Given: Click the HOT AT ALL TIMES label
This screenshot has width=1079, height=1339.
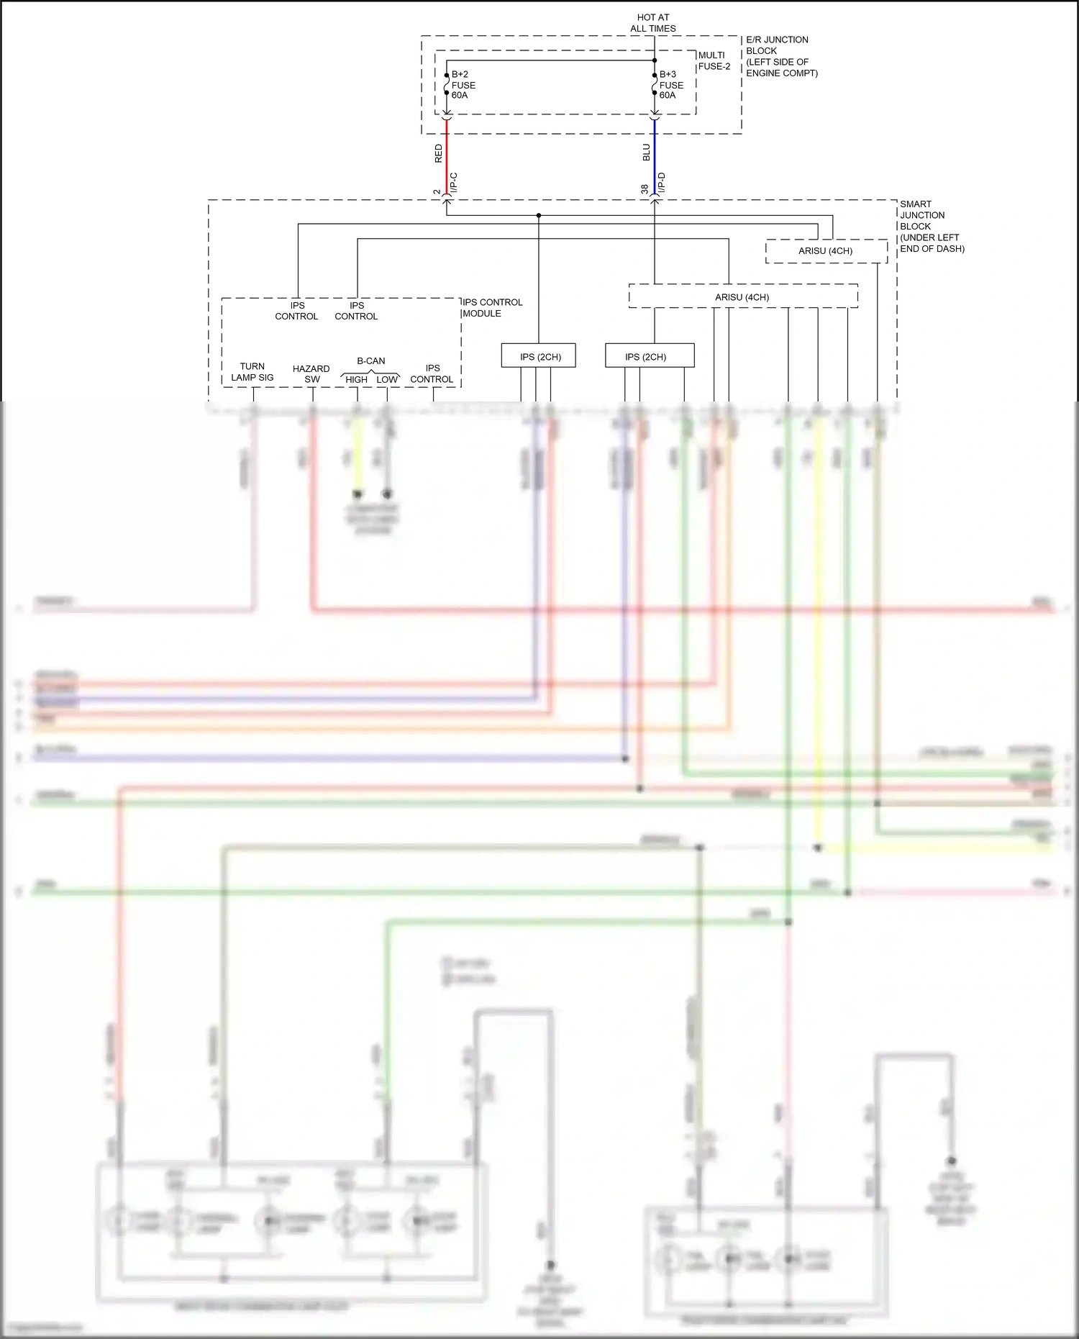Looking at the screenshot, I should click(653, 23).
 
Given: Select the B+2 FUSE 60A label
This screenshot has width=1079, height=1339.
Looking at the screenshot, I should click(463, 85).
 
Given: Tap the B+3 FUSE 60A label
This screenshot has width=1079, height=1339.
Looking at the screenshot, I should click(670, 85).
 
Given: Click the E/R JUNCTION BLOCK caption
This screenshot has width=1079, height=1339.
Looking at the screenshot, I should click(781, 56).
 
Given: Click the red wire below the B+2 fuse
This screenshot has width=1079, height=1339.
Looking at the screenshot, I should click(447, 155).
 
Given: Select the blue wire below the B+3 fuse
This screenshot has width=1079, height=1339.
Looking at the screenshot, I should click(655, 155).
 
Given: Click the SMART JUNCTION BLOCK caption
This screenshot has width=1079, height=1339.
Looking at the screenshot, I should click(931, 226).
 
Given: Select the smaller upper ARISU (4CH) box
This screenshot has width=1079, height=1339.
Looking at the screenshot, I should click(826, 251).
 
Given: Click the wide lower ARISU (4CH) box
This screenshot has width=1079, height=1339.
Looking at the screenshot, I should click(742, 297).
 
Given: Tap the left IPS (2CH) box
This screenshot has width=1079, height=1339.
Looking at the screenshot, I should click(539, 356).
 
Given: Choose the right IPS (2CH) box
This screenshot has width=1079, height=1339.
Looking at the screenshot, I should click(649, 356).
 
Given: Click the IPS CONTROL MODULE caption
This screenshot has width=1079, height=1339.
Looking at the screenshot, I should click(492, 308).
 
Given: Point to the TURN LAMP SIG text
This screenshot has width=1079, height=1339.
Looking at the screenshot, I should click(252, 372).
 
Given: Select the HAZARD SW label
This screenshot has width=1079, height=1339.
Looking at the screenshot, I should click(311, 373).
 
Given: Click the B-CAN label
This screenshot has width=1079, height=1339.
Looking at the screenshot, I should click(371, 361).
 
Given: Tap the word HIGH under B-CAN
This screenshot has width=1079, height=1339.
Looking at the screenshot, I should click(357, 379).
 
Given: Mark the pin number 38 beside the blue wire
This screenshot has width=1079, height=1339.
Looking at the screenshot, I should click(645, 189).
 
